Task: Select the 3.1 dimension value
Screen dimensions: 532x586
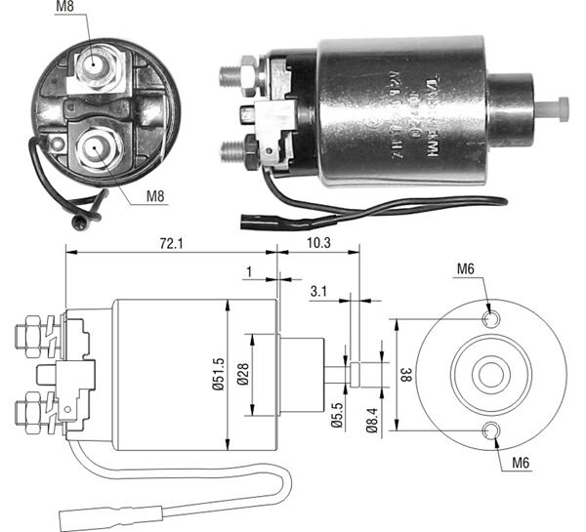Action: click(x=318, y=290)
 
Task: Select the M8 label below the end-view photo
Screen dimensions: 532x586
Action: click(x=156, y=196)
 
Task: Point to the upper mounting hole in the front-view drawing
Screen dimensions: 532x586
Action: click(x=491, y=318)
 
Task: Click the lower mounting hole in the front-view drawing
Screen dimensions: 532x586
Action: click(x=491, y=430)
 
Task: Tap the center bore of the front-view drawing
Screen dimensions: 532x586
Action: click(x=487, y=374)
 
